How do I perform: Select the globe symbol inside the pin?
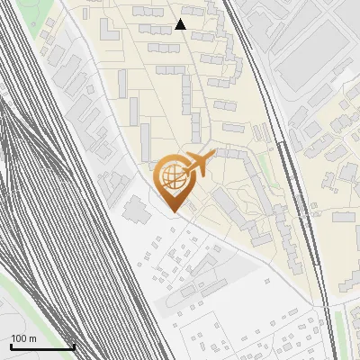171,176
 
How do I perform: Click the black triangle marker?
181,24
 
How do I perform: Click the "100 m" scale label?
23,337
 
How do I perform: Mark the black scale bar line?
42,346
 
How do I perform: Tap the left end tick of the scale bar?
11,345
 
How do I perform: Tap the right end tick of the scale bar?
74,345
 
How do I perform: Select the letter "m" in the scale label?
31,337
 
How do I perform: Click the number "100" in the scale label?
19,337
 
